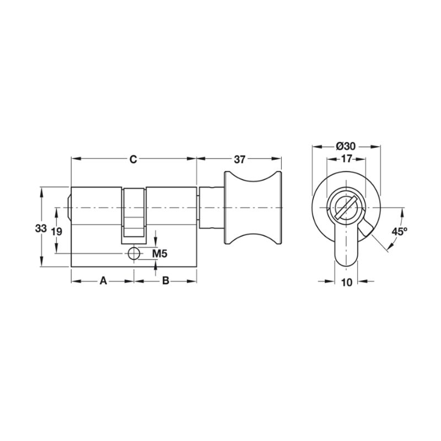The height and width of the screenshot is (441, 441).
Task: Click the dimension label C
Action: [133, 159]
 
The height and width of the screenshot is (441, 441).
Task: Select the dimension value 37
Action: [240, 159]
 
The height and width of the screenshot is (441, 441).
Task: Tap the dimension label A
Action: [104, 281]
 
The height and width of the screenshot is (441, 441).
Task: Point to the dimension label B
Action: [166, 281]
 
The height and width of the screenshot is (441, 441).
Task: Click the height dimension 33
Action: [41, 228]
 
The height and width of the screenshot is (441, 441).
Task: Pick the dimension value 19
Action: [57, 232]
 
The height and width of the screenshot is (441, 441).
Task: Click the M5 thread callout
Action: [160, 254]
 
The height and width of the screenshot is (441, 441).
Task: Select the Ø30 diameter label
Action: [346, 146]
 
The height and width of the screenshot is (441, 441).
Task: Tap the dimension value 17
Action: [346, 159]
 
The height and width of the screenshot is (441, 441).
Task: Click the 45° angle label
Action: [399, 232]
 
